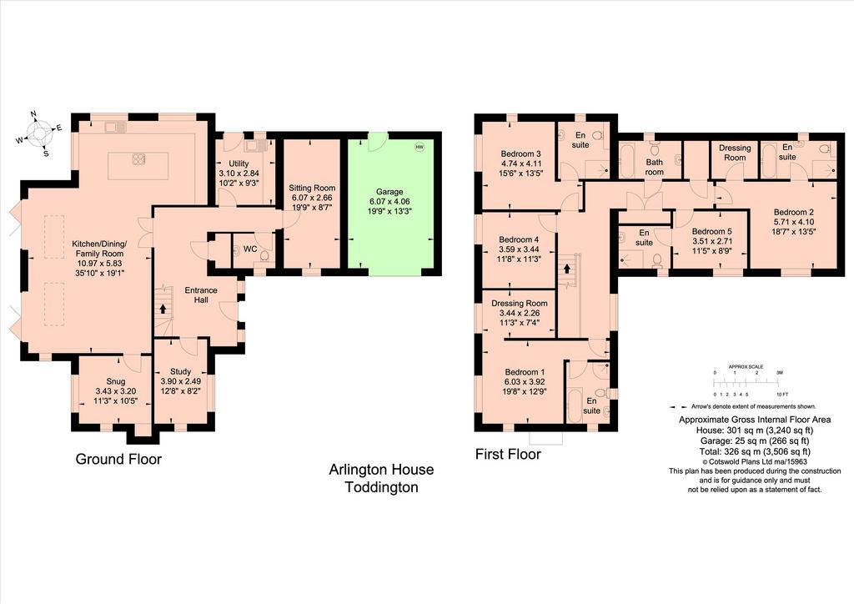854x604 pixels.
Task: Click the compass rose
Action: tap(38, 133)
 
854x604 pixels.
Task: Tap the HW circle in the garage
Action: tap(419, 147)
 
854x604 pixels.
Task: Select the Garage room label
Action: tap(389, 192)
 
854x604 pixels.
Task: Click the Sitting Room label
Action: tap(312, 188)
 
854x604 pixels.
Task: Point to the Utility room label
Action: tap(239, 164)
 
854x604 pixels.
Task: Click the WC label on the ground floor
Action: tap(250, 249)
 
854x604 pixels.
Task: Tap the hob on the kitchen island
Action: tap(138, 159)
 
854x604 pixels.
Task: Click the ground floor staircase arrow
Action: tap(163, 309)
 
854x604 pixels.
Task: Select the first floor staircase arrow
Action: tap(567, 269)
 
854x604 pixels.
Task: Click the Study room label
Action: tap(180, 371)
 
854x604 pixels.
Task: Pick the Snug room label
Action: tap(115, 381)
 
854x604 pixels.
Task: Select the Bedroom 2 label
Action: tap(794, 212)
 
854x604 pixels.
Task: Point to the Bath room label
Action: tap(654, 167)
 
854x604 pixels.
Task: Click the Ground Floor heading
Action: tap(118, 459)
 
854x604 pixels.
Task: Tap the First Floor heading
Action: tap(508, 454)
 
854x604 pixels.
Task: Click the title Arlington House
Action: tap(381, 470)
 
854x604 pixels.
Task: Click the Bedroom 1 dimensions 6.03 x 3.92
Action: tap(525, 382)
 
